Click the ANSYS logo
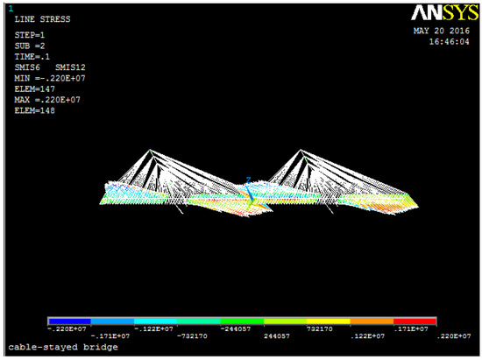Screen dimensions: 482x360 pos(444,12)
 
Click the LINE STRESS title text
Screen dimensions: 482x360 pos(42,19)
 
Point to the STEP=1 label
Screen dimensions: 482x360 pos(30,35)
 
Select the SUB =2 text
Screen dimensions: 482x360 pos(30,46)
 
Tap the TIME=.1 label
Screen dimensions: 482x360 pos(32,57)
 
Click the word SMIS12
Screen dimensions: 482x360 pos(70,67)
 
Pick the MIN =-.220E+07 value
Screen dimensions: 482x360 pos(50,78)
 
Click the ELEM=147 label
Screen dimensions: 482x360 pos(34,89)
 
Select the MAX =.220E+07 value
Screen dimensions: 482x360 pos(47,100)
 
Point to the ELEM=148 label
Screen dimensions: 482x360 pos(34,110)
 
